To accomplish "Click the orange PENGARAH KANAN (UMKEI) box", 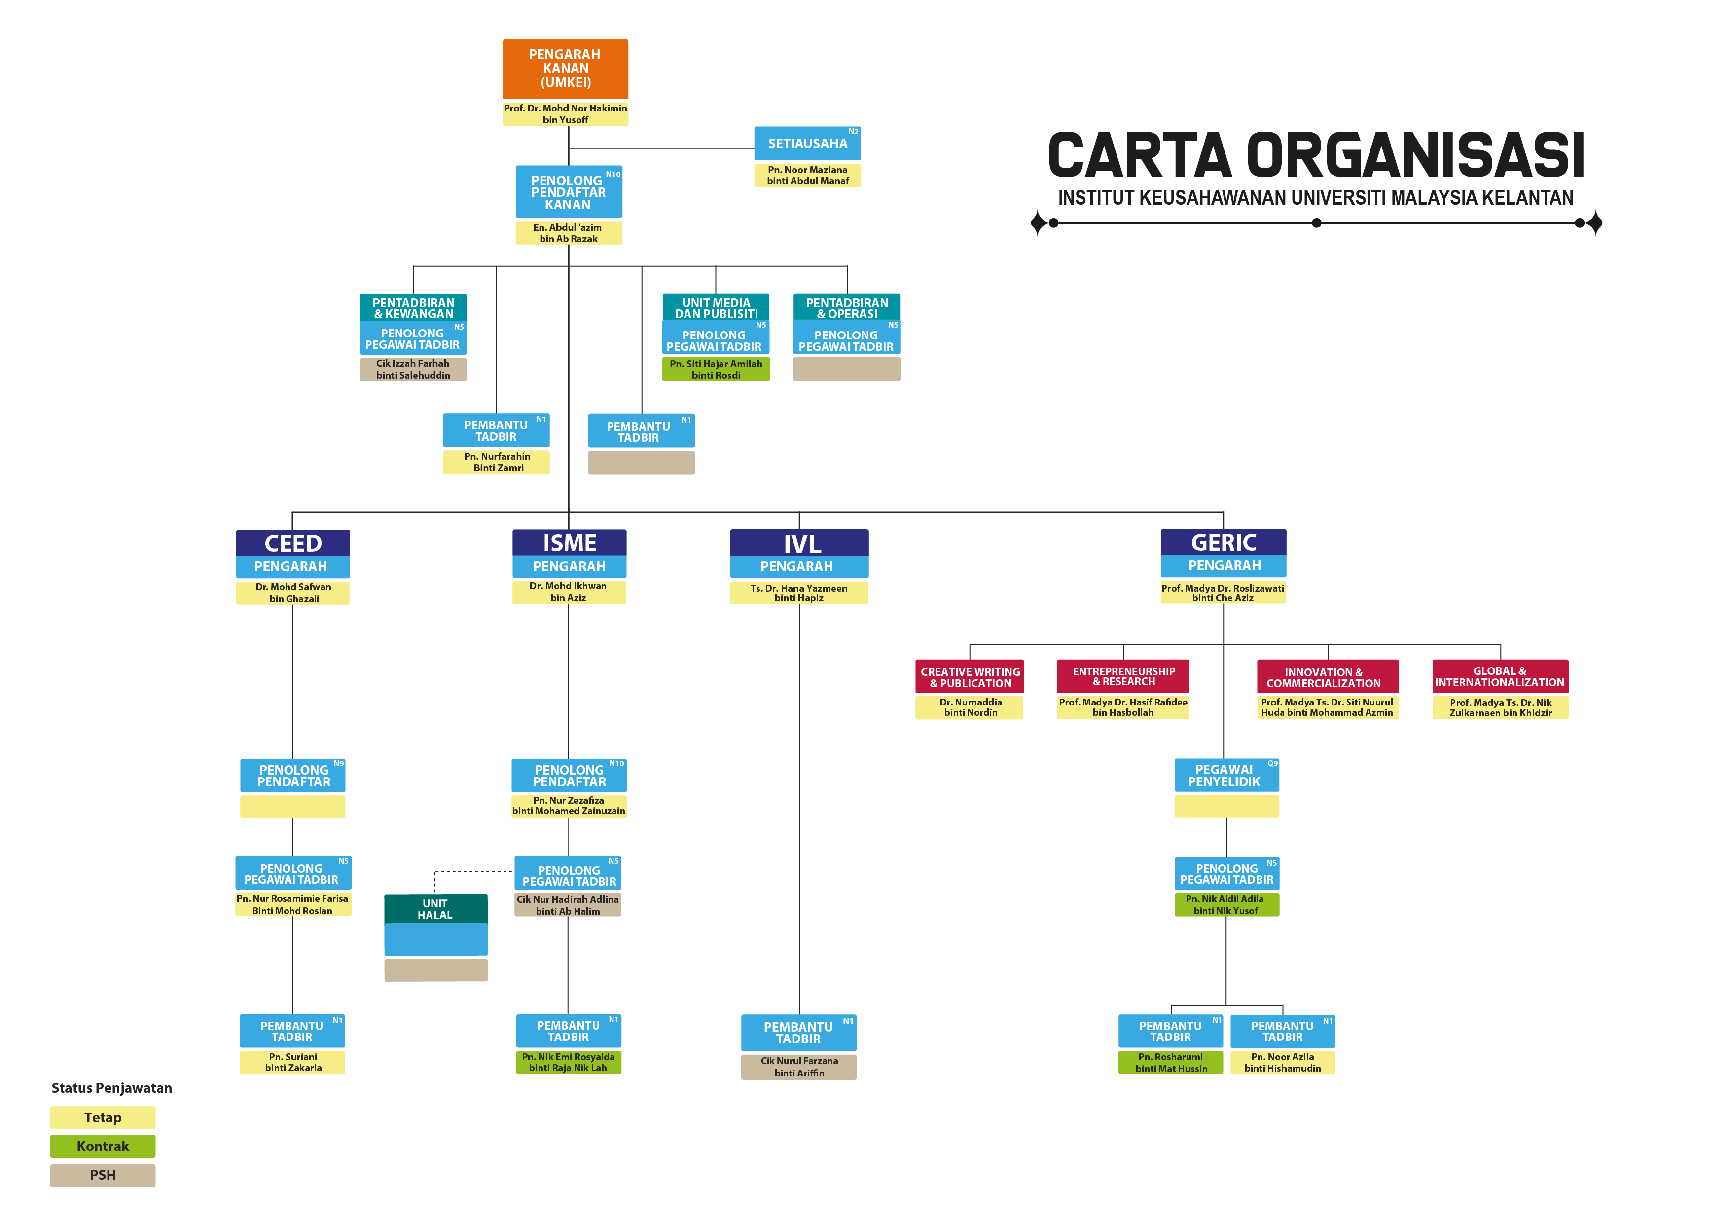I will coord(565,69).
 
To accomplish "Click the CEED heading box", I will coord(292,543).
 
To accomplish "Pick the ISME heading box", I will coord(569,543).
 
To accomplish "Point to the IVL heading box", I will coord(799,543).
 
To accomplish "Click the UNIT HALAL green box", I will coord(435,909).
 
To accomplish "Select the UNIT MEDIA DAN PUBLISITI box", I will coord(716,307).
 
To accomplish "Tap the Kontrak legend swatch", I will coord(103,1147).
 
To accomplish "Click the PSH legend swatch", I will coord(103,1175).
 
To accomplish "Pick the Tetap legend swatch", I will coord(103,1118).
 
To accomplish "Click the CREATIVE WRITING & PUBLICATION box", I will coord(970,677).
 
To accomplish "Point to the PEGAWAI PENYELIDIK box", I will coord(1226,776).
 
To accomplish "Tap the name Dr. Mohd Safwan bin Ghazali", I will coord(293,593).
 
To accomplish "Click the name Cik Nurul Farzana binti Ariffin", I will coord(799,1067).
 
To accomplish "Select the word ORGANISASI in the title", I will coord(1416,156).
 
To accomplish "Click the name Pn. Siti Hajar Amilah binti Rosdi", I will coord(716,370).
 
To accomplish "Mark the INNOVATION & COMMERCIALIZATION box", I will coord(1327,677).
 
